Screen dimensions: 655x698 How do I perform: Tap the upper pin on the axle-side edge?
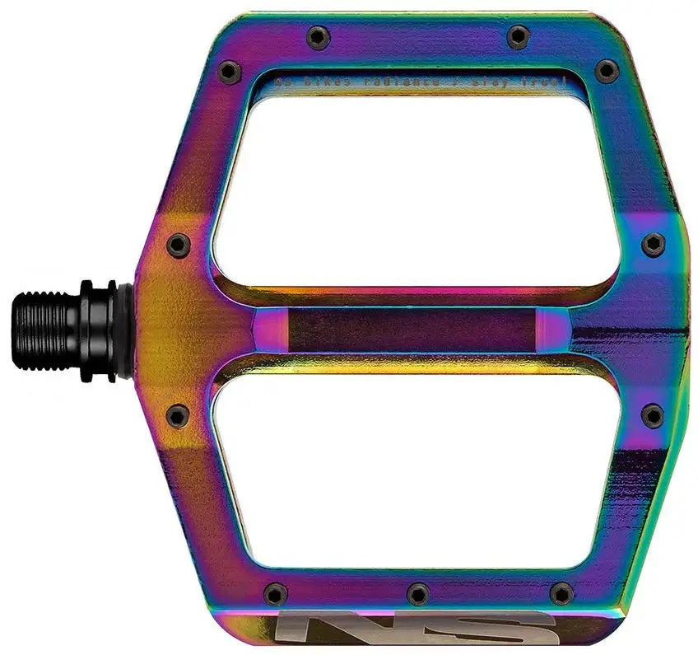coord(176,245)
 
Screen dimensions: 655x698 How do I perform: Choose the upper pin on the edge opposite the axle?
coord(653,245)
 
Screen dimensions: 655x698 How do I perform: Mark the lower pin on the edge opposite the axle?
coord(653,415)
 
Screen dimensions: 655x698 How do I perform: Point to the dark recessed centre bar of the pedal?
coord(412,330)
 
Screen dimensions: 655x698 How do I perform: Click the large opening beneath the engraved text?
coord(416,185)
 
